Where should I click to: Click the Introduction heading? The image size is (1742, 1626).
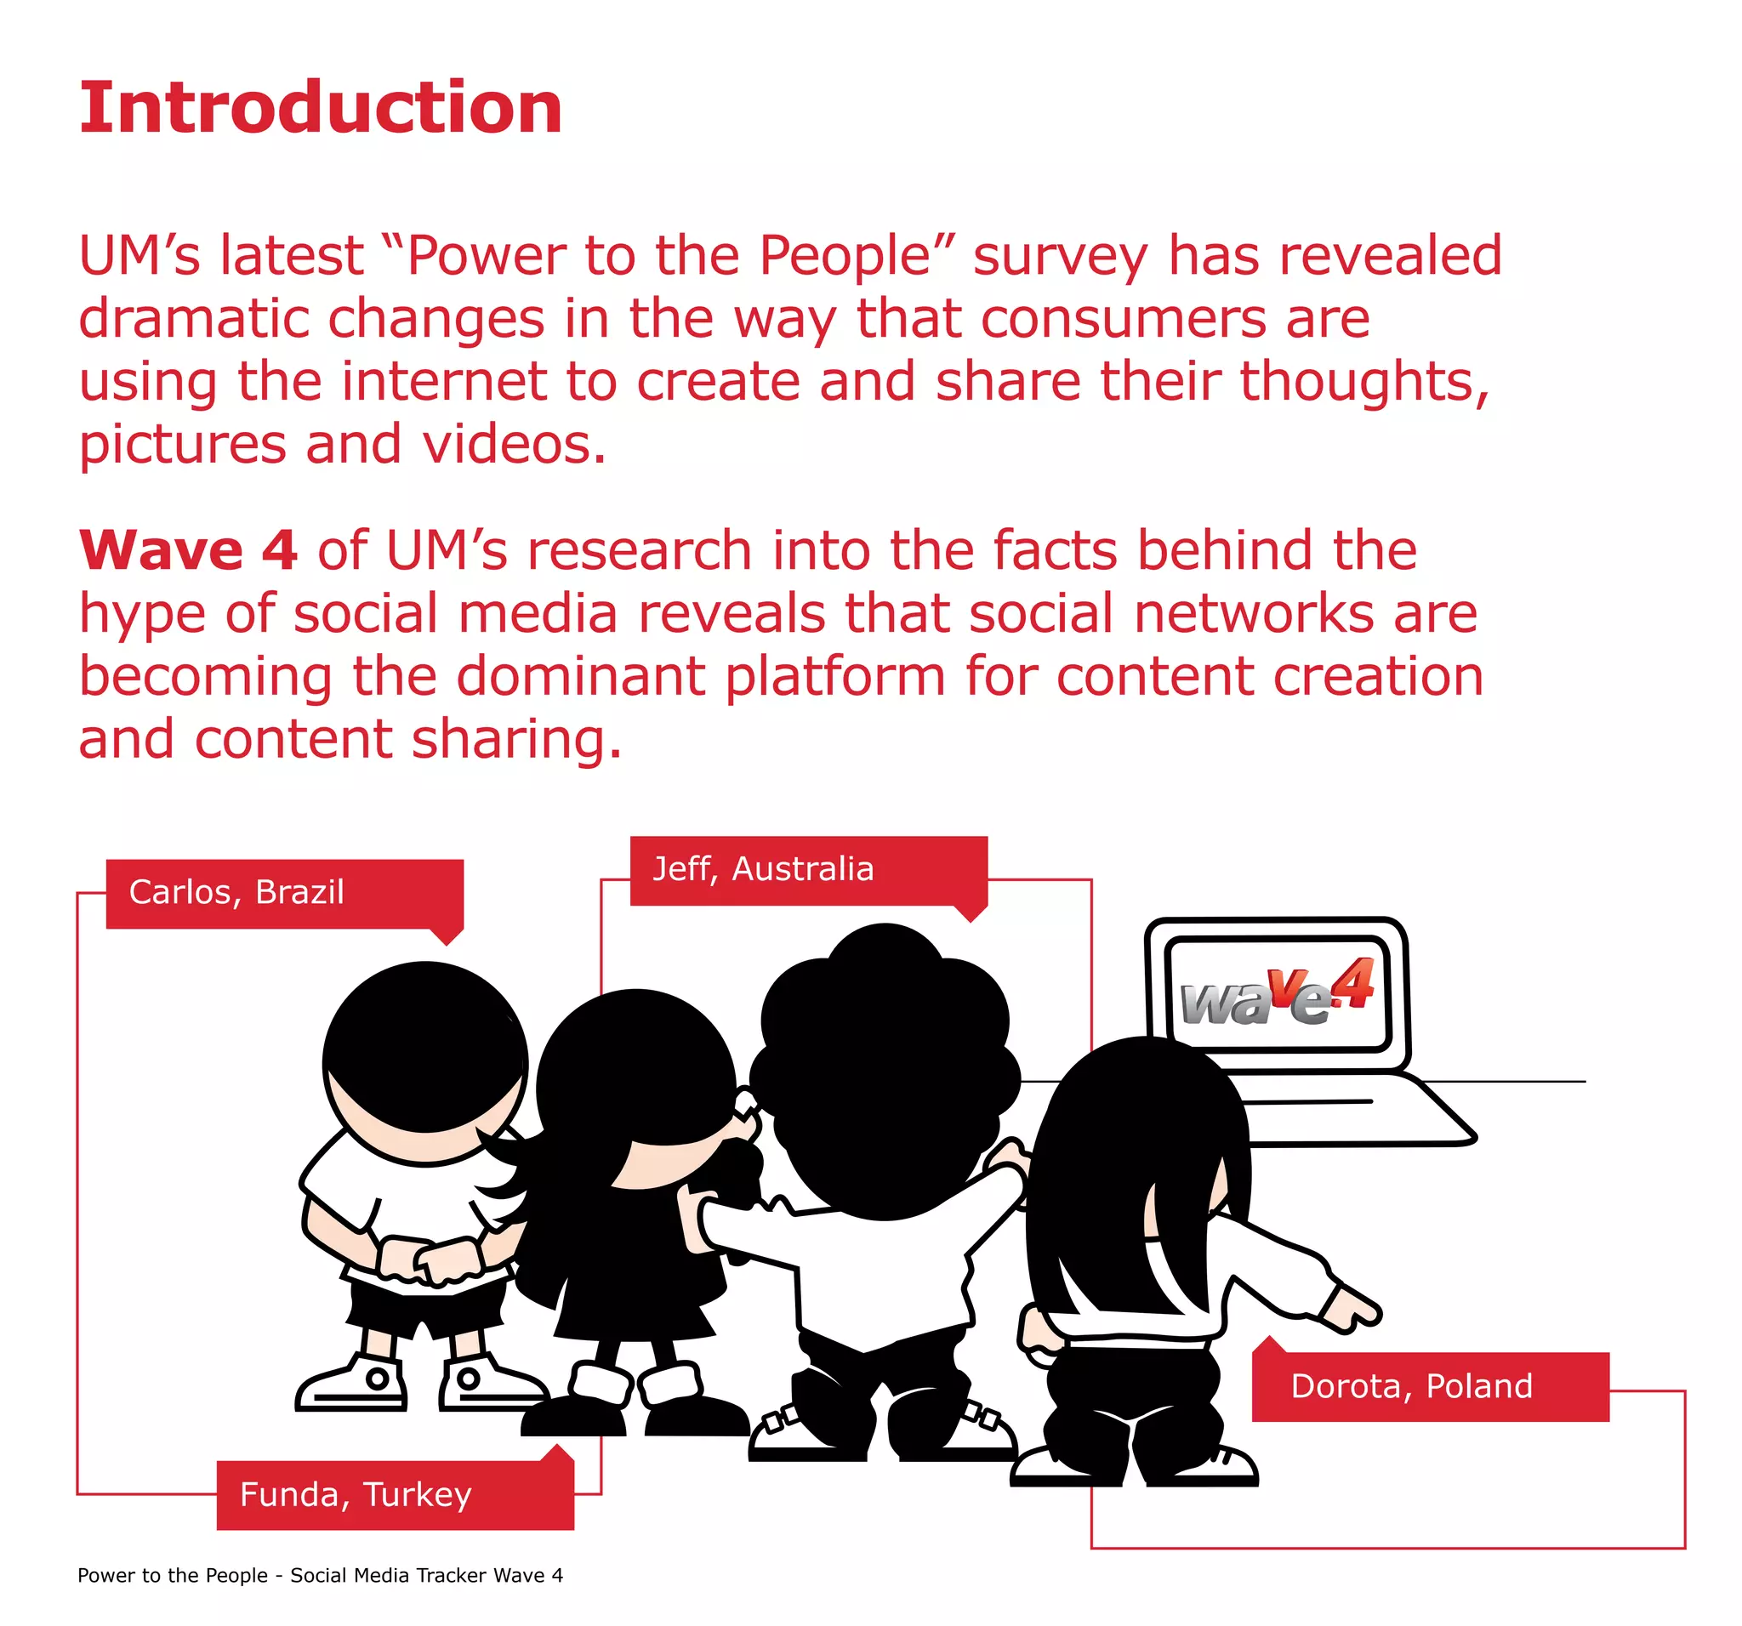click(x=321, y=108)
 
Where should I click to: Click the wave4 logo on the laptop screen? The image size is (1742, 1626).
click(x=1277, y=994)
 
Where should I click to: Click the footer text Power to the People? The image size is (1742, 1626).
click(x=173, y=1575)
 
